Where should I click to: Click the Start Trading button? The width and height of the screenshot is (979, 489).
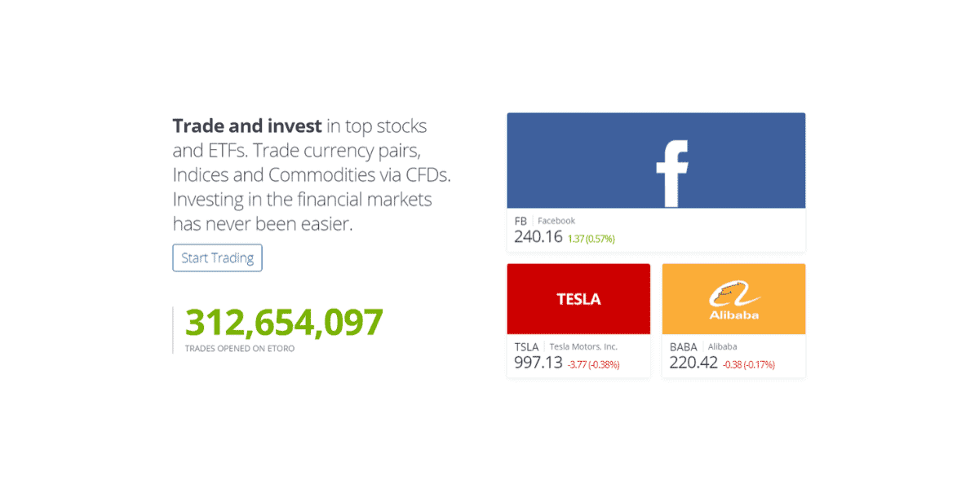[217, 258]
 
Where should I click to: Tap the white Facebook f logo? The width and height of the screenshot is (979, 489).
[673, 173]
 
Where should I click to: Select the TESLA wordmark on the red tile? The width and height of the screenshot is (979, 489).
[578, 299]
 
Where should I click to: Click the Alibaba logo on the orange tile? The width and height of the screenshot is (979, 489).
[733, 300]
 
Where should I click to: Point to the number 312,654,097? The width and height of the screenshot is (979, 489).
[284, 323]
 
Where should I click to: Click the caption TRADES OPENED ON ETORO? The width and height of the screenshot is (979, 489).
[239, 349]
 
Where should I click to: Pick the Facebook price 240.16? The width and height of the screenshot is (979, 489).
[538, 237]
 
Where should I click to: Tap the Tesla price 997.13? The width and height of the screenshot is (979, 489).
[538, 363]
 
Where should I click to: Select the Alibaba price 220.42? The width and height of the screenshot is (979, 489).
[693, 363]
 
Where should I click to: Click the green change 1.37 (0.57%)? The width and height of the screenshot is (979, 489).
[591, 239]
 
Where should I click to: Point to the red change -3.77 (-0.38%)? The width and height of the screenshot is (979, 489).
[593, 364]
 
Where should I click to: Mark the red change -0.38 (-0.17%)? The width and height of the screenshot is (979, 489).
[748, 364]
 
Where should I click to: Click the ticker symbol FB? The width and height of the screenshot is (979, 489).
[521, 221]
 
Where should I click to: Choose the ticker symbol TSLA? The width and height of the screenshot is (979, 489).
[526, 346]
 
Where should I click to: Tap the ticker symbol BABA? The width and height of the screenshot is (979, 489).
[684, 346]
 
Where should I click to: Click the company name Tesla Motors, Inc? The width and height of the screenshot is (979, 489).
[583, 346]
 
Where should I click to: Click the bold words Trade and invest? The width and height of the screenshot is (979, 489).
[247, 126]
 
